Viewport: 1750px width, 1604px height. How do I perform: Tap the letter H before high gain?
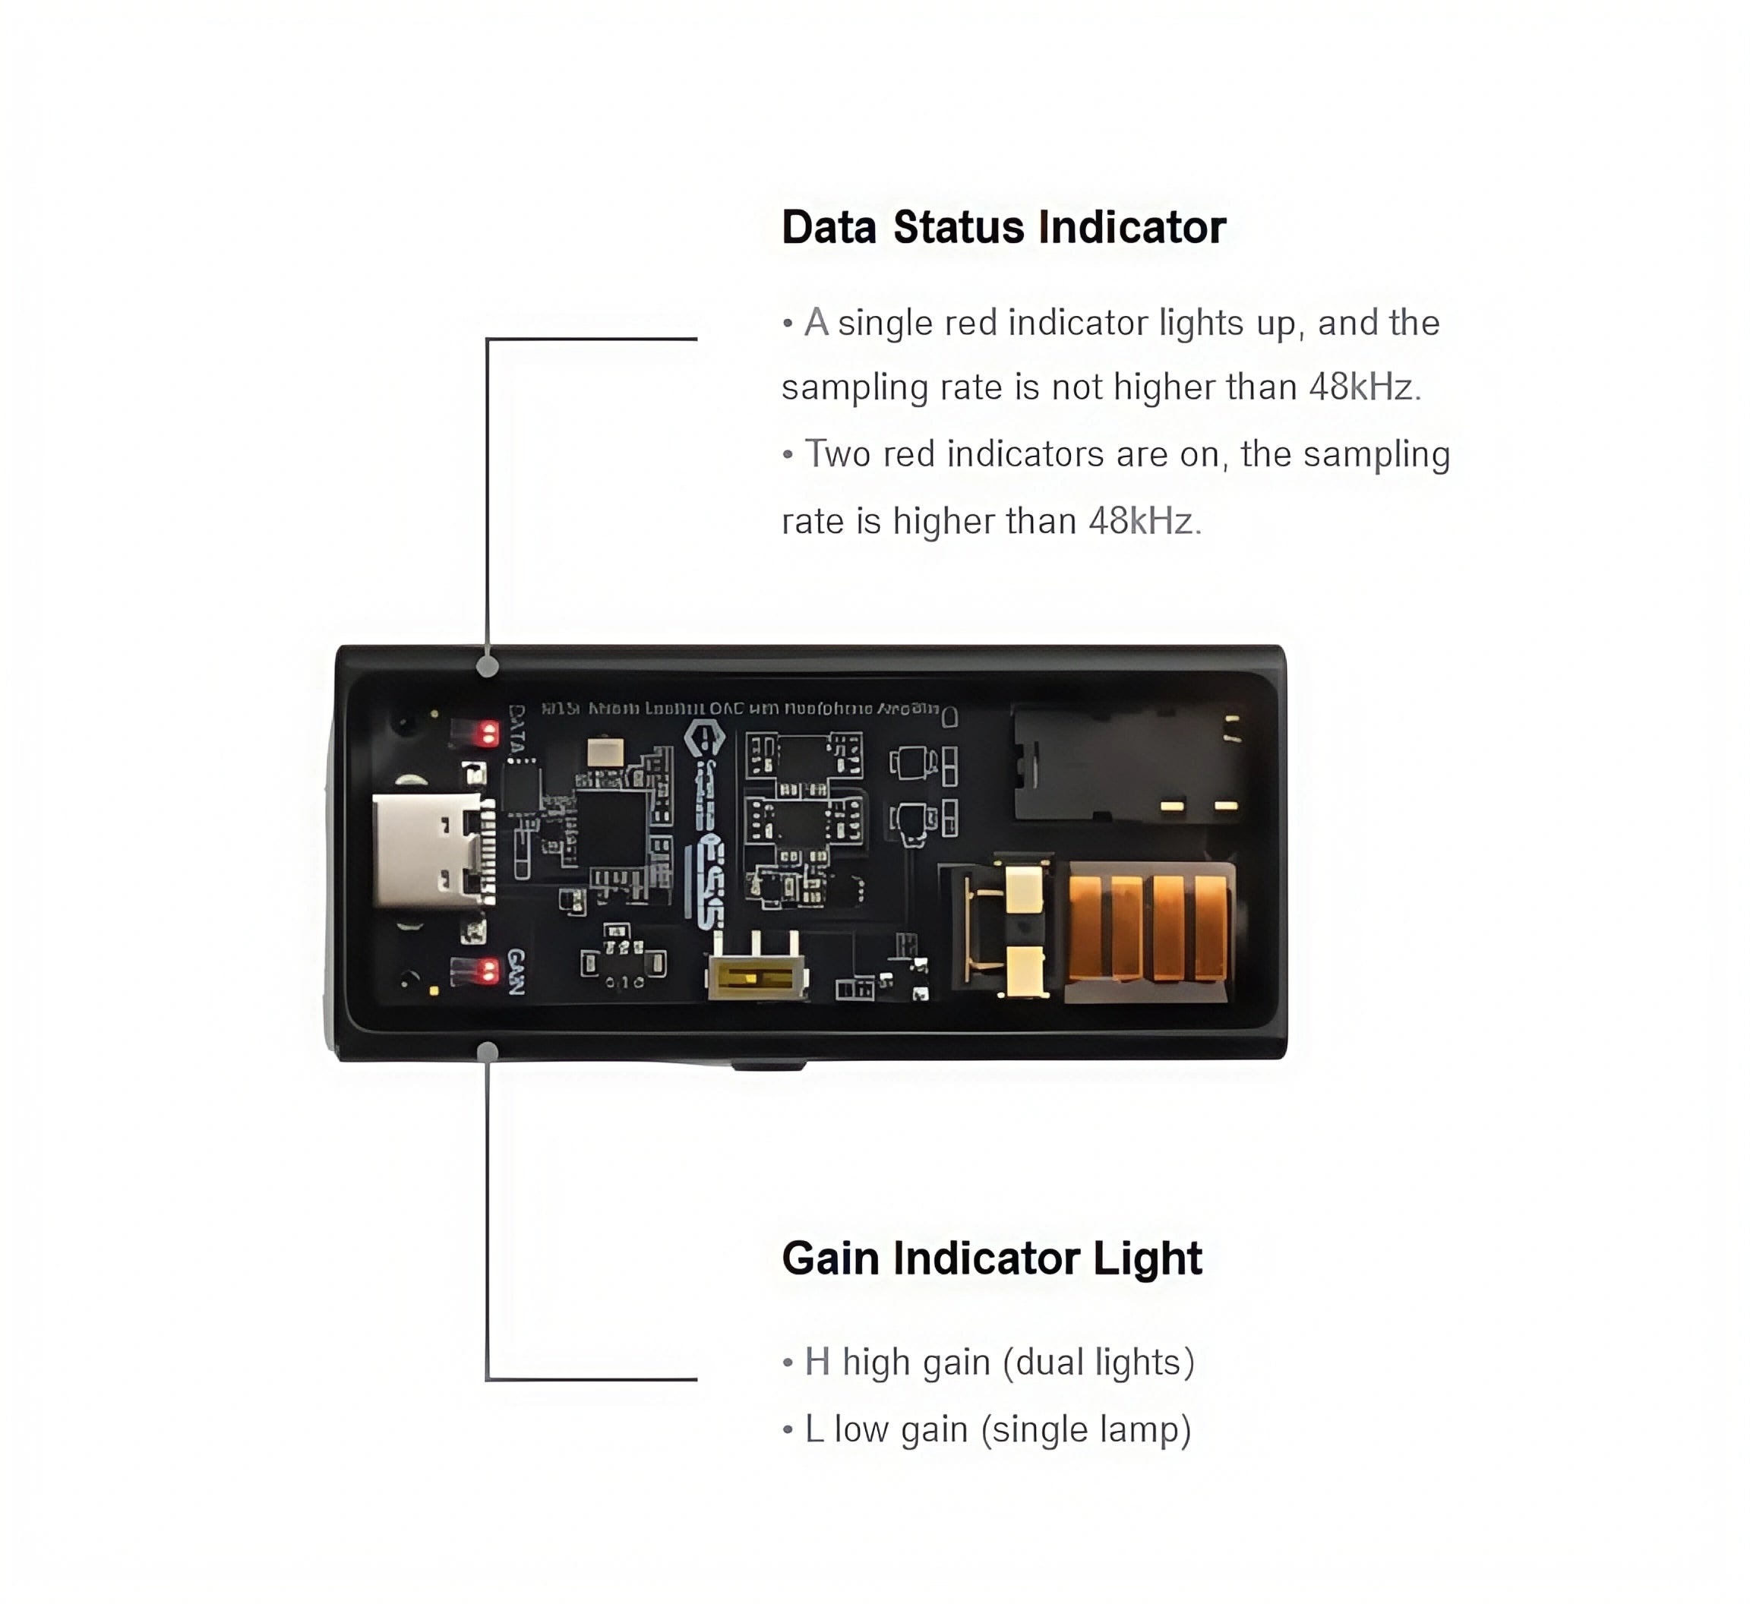click(x=816, y=1362)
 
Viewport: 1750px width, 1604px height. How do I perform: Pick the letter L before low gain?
click(x=813, y=1429)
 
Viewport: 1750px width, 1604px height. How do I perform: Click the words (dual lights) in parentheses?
click(x=1098, y=1362)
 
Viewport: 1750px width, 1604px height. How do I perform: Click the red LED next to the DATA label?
click(x=488, y=734)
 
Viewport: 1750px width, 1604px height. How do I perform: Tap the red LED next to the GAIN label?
click(x=488, y=971)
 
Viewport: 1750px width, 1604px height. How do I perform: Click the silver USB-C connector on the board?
click(x=427, y=850)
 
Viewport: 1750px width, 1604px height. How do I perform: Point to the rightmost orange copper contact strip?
click(x=1210, y=926)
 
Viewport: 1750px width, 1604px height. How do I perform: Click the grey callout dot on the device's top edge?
click(x=488, y=667)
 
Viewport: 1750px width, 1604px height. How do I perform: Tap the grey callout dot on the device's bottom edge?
click(x=488, y=1053)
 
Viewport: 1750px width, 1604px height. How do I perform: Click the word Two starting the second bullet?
click(x=837, y=455)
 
